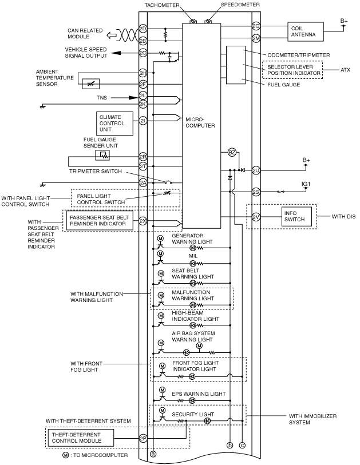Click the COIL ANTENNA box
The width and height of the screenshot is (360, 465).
[306, 31]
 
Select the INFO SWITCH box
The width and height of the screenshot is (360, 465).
[296, 216]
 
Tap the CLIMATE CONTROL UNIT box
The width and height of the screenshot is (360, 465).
[114, 124]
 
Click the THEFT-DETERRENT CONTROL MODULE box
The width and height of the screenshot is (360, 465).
[81, 438]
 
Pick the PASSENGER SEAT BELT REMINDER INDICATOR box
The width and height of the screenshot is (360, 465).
[100, 220]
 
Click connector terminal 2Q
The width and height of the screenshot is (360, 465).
[256, 26]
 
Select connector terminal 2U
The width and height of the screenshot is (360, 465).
[256, 170]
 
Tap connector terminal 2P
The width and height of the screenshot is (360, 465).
[143, 438]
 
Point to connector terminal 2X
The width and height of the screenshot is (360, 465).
[143, 221]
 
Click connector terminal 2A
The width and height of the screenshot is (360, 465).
[143, 182]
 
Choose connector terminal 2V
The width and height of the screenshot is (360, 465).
[256, 217]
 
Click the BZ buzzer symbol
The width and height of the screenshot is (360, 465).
[232, 153]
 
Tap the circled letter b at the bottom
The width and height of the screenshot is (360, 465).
[230, 445]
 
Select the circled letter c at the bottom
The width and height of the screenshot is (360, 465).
[243, 445]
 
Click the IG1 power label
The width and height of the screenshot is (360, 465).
[306, 184]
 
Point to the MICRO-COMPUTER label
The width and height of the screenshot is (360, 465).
[200, 122]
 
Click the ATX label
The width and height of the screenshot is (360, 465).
[346, 70]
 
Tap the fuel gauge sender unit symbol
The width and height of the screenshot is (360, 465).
[102, 155]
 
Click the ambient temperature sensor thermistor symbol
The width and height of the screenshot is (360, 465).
[91, 84]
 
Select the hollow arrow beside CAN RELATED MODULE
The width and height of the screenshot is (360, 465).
[111, 35]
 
